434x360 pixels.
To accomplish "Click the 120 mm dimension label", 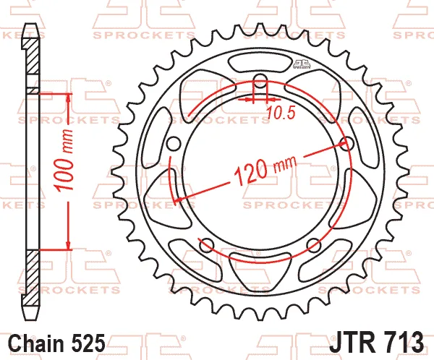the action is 265,169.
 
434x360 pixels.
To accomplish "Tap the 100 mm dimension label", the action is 64,160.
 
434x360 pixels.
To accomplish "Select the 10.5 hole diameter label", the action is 281,113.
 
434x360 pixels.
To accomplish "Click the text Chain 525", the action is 57,343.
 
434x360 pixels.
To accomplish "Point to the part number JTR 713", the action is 376,342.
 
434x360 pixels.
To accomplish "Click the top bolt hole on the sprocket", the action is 260,81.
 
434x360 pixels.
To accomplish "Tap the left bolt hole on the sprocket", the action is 174,144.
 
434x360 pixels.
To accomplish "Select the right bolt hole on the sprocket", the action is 346,144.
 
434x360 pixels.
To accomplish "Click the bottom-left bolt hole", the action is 207,245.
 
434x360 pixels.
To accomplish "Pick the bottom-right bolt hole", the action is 314,245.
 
